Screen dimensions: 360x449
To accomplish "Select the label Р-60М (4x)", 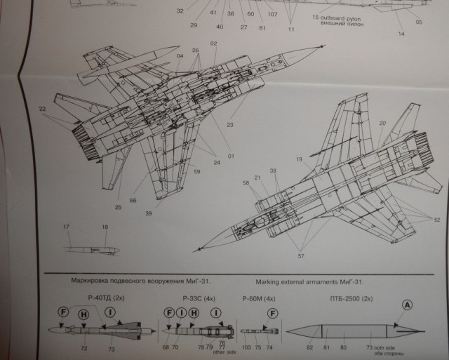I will point(257,298).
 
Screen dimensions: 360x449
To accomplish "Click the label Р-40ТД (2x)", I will point(99,298).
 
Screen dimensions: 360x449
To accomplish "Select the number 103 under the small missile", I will point(246,347).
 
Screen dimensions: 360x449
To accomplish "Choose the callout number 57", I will point(302,257).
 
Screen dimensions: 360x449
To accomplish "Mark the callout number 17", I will point(67,227).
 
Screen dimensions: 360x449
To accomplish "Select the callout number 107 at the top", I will point(272,14).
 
